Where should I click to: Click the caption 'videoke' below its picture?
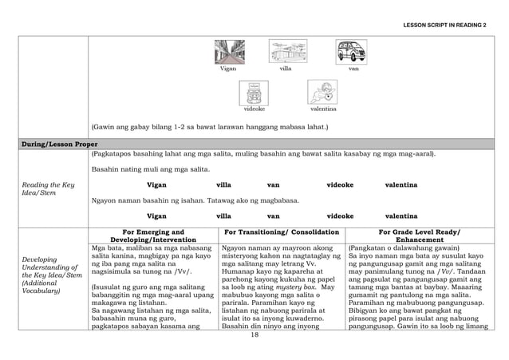(x=254, y=109)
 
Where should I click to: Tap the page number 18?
(x=254, y=335)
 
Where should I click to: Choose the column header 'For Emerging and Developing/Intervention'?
(x=152, y=235)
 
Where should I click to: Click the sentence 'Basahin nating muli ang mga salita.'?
(x=140, y=170)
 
